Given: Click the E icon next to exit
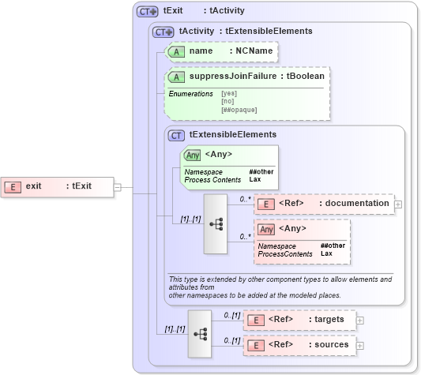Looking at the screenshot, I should click(x=13, y=186).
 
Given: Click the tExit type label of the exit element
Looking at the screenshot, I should click(x=81, y=186).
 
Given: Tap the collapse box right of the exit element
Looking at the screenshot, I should click(x=117, y=187).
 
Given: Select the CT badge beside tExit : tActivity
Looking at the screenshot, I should click(x=148, y=12).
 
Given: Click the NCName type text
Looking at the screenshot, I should click(x=250, y=51).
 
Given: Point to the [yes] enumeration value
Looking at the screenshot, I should click(x=228, y=94).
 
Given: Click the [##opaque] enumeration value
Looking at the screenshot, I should click(x=239, y=110).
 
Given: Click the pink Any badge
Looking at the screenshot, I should click(x=267, y=229).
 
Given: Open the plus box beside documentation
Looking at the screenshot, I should click(x=398, y=204).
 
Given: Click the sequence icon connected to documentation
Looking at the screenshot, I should click(x=216, y=223).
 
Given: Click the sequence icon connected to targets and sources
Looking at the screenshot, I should click(x=200, y=332).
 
